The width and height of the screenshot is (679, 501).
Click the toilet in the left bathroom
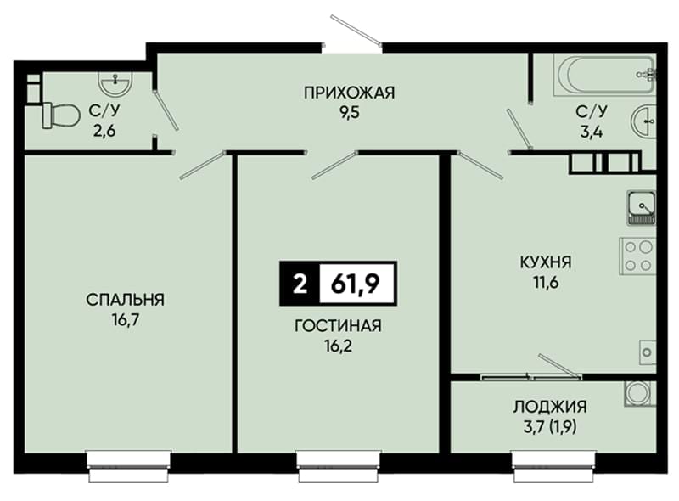(61, 115)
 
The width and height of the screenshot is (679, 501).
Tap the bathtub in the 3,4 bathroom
(604, 76)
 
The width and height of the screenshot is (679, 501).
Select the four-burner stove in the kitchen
(638, 256)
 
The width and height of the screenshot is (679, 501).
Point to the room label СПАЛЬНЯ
(125, 300)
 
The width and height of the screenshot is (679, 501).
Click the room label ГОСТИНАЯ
(338, 325)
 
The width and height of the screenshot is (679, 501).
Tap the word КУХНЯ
(546, 262)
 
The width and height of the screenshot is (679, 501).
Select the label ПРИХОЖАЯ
(350, 93)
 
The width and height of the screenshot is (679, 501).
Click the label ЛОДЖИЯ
(550, 407)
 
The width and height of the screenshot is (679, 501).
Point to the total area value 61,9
(356, 284)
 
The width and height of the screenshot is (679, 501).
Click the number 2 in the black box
(300, 284)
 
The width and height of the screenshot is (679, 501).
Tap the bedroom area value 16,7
(126, 320)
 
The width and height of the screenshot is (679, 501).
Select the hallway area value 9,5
(350, 113)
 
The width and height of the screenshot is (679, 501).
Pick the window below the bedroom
(129, 467)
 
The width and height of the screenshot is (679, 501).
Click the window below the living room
(339, 467)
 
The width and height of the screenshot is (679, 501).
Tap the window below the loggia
(554, 467)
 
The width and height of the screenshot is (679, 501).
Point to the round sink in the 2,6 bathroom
(115, 82)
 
